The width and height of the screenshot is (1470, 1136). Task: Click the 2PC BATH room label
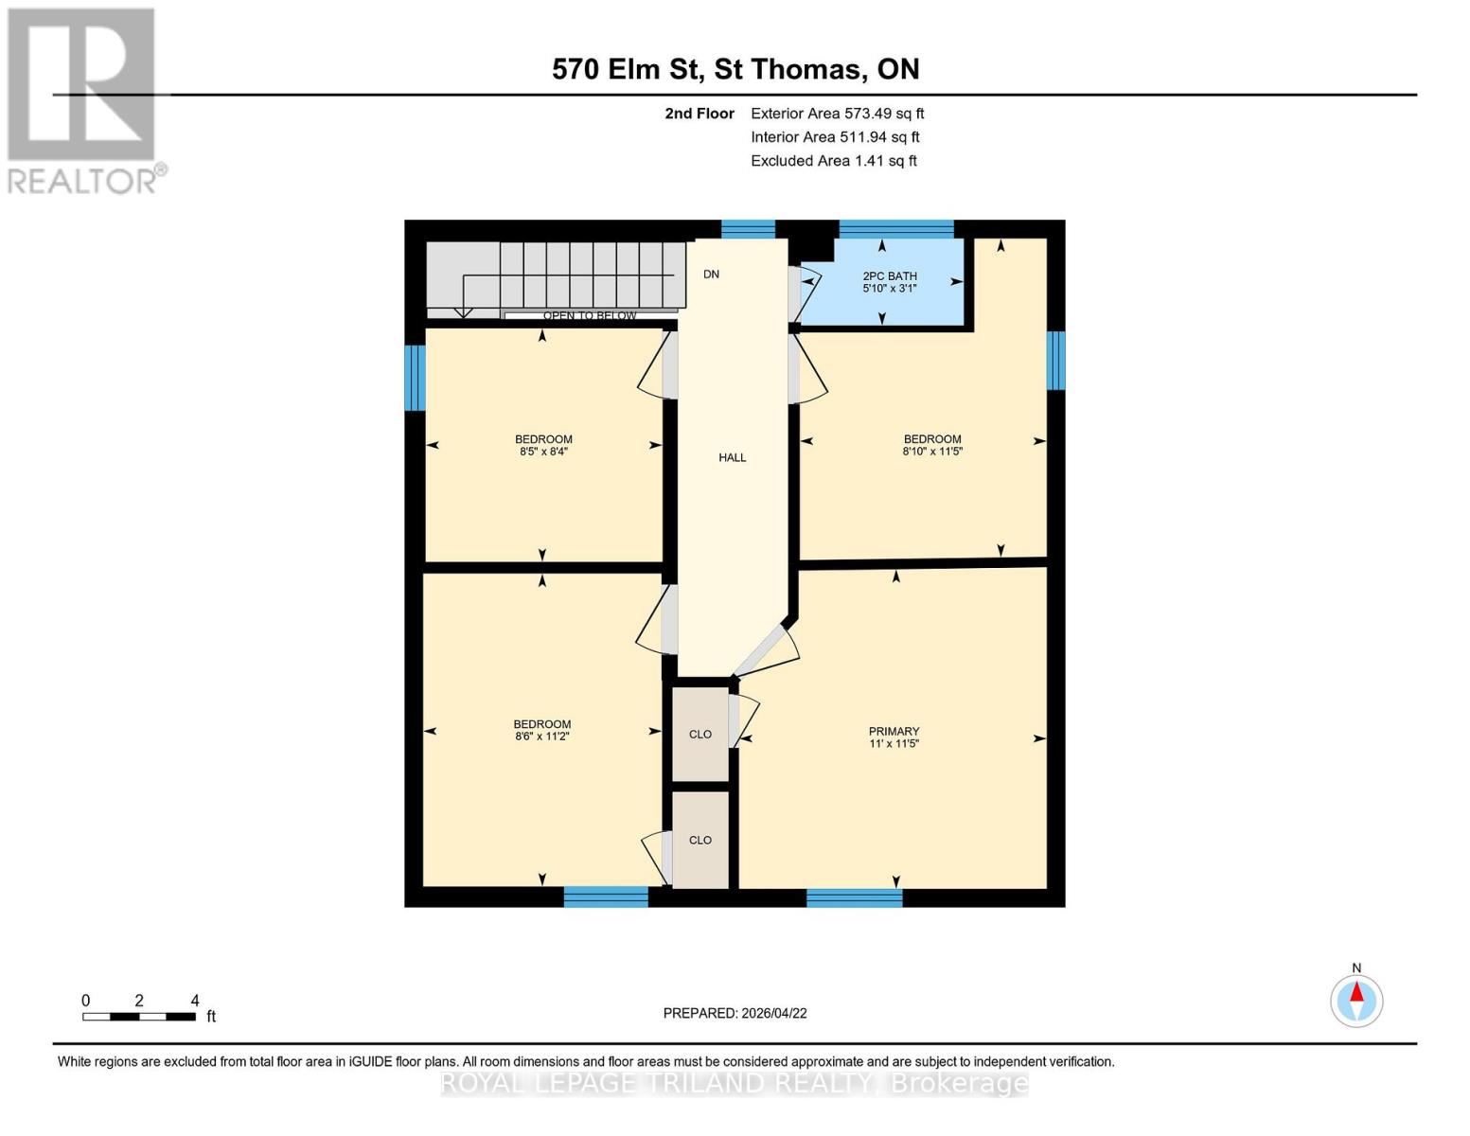[889, 276]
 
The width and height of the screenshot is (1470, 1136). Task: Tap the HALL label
[732, 457]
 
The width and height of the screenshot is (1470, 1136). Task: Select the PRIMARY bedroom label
[894, 731]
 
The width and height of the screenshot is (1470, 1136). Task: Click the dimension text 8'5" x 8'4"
[543, 452]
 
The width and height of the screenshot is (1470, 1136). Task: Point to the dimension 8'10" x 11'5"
[931, 452]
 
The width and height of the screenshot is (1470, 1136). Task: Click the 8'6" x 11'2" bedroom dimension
[542, 737]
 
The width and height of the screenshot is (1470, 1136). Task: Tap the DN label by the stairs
[711, 275]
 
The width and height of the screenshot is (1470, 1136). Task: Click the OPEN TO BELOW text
[589, 315]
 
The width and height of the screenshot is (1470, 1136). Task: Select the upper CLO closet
[700, 735]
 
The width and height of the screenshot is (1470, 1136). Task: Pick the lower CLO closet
[700, 840]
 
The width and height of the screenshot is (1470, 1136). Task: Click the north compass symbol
[1356, 1000]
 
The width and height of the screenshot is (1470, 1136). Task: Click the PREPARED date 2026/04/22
[735, 1013]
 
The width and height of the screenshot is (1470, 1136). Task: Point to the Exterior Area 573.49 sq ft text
[837, 114]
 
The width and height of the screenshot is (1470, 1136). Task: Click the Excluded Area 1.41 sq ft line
[833, 161]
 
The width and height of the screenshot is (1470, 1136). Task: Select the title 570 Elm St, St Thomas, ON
[735, 69]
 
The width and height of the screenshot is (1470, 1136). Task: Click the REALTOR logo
[82, 99]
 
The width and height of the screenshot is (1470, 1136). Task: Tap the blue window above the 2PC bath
[895, 228]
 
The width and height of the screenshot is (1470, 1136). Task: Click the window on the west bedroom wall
[415, 378]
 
